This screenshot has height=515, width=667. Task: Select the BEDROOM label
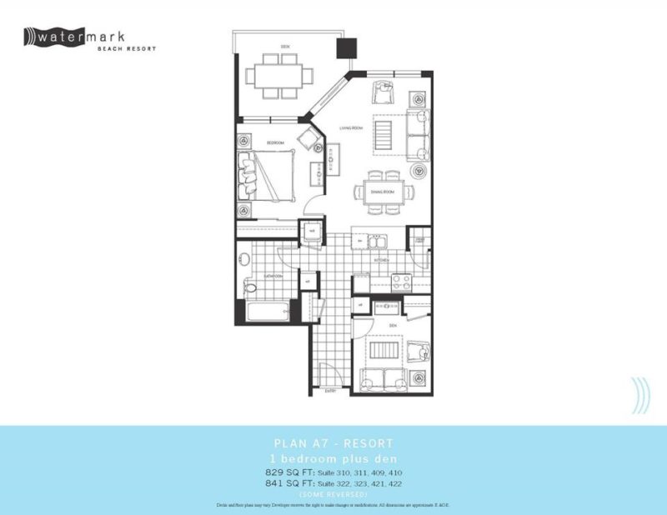coord(276,143)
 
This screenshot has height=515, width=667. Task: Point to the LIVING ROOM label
coord(350,127)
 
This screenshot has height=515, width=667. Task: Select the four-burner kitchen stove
coord(402,282)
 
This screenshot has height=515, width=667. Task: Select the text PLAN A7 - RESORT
coord(333,443)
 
